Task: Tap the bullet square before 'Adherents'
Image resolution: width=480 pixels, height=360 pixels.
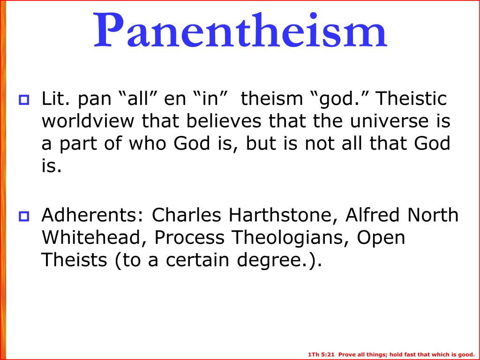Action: pos(23,217)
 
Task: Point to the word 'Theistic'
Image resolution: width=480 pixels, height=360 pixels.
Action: pos(412,99)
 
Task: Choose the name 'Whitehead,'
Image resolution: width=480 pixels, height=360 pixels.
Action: pos(94,238)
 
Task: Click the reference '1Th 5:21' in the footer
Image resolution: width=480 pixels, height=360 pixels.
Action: pos(322,354)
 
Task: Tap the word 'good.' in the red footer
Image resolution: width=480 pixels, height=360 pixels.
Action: pos(466,354)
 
